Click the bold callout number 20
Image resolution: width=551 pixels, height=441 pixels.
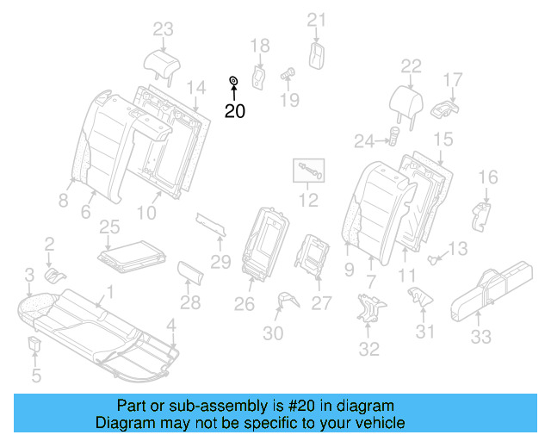tap(234, 111)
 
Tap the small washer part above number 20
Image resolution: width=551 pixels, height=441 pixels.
tap(232, 82)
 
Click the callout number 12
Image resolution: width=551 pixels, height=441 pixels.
tap(308, 202)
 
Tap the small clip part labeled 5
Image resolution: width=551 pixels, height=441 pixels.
tap(35, 345)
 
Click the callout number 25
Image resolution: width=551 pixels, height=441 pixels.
tap(108, 227)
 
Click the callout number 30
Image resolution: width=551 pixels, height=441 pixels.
tap(273, 334)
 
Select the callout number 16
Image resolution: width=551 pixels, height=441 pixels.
tap(487, 177)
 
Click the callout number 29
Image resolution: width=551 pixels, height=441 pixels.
tap(222, 262)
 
